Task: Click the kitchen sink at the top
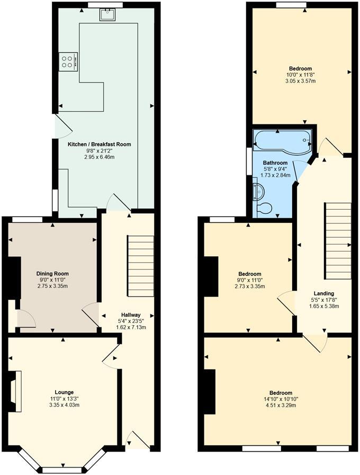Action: tap(107, 14)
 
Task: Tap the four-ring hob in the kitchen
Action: tap(69, 61)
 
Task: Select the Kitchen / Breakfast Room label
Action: tap(99, 144)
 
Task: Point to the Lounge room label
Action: tap(64, 392)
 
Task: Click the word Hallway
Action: tap(131, 315)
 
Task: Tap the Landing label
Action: tap(323, 293)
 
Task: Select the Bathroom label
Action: tap(275, 163)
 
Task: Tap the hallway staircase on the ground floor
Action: tap(140, 266)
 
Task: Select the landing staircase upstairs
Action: tap(338, 241)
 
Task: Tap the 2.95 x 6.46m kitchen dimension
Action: tap(99, 157)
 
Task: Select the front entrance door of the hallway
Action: tap(138, 441)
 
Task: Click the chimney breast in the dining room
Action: tap(14, 278)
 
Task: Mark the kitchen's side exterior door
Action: tap(62, 127)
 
